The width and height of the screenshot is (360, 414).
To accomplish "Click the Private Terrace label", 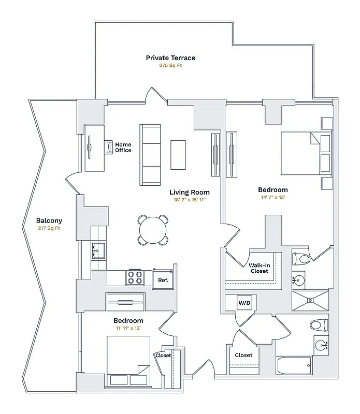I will click(x=170, y=58).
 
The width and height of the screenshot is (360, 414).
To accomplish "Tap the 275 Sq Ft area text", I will click(x=170, y=66).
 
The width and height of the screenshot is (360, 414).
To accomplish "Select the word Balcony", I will click(x=49, y=221).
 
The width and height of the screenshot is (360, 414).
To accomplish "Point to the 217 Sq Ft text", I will click(x=49, y=228).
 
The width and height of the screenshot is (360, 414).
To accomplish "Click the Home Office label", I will click(x=123, y=147).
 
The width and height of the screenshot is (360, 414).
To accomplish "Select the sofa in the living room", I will click(x=151, y=154).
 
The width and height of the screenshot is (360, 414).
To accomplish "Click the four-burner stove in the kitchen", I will click(x=136, y=277).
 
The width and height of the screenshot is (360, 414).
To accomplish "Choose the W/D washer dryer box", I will click(x=244, y=302).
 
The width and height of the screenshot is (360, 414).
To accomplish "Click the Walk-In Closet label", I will click(x=259, y=268).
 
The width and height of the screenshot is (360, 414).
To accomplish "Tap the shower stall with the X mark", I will click(x=309, y=299).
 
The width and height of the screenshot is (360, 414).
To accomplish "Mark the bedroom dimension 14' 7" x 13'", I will click(x=273, y=197).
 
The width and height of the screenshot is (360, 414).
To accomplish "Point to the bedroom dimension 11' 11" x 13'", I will click(x=128, y=328).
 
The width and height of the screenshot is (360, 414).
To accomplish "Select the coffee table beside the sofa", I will click(x=178, y=154).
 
